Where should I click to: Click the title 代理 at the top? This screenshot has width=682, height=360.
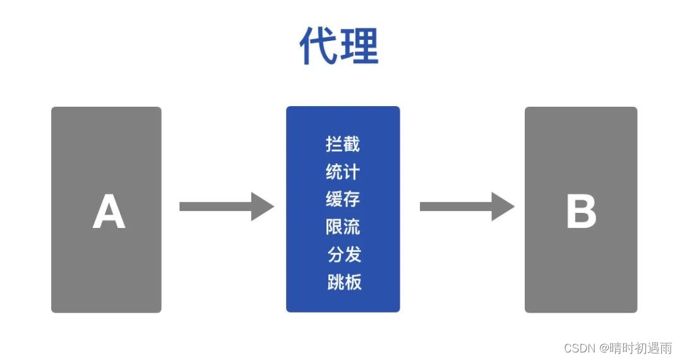[x=339, y=45]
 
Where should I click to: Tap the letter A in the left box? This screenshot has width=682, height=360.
[x=109, y=212]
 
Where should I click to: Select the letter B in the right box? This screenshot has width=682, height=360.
[x=581, y=212]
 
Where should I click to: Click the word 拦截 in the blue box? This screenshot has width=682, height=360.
[x=343, y=144]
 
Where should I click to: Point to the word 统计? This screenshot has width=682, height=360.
[x=343, y=171]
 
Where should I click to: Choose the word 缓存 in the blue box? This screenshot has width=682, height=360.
[x=343, y=199]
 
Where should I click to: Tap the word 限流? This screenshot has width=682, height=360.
[x=343, y=226]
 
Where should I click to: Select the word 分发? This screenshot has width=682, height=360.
[x=344, y=254]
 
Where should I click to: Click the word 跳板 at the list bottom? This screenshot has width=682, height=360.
[x=344, y=282]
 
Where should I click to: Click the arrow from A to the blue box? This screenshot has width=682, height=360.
[x=226, y=207]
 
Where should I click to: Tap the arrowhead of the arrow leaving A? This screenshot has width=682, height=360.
[x=262, y=207]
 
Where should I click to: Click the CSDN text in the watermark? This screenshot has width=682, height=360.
[x=580, y=348]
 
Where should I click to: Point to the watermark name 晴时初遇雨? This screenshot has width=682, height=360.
[x=640, y=348]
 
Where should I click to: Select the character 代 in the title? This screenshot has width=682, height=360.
[x=319, y=45]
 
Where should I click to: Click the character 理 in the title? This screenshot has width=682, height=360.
[x=359, y=45]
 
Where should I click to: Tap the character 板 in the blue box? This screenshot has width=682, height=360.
[x=354, y=282]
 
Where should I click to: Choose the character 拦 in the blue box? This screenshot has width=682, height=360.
[x=334, y=144]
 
